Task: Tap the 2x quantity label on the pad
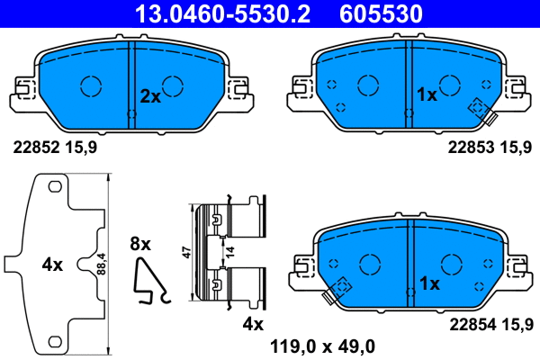[x=150, y=95]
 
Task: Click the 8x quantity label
[x=142, y=243]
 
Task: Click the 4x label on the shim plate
[x=52, y=265]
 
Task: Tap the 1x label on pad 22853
[x=426, y=94]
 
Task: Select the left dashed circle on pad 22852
[x=91, y=85]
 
